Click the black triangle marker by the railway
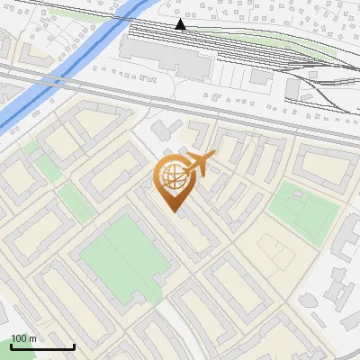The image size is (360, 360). [181, 24]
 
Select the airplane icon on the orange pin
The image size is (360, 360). [199, 164]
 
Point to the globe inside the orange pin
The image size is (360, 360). [172, 176]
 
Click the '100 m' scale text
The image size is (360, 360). [23, 338]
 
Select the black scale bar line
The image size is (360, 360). [42, 346]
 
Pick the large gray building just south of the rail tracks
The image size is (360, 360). [166, 56]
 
